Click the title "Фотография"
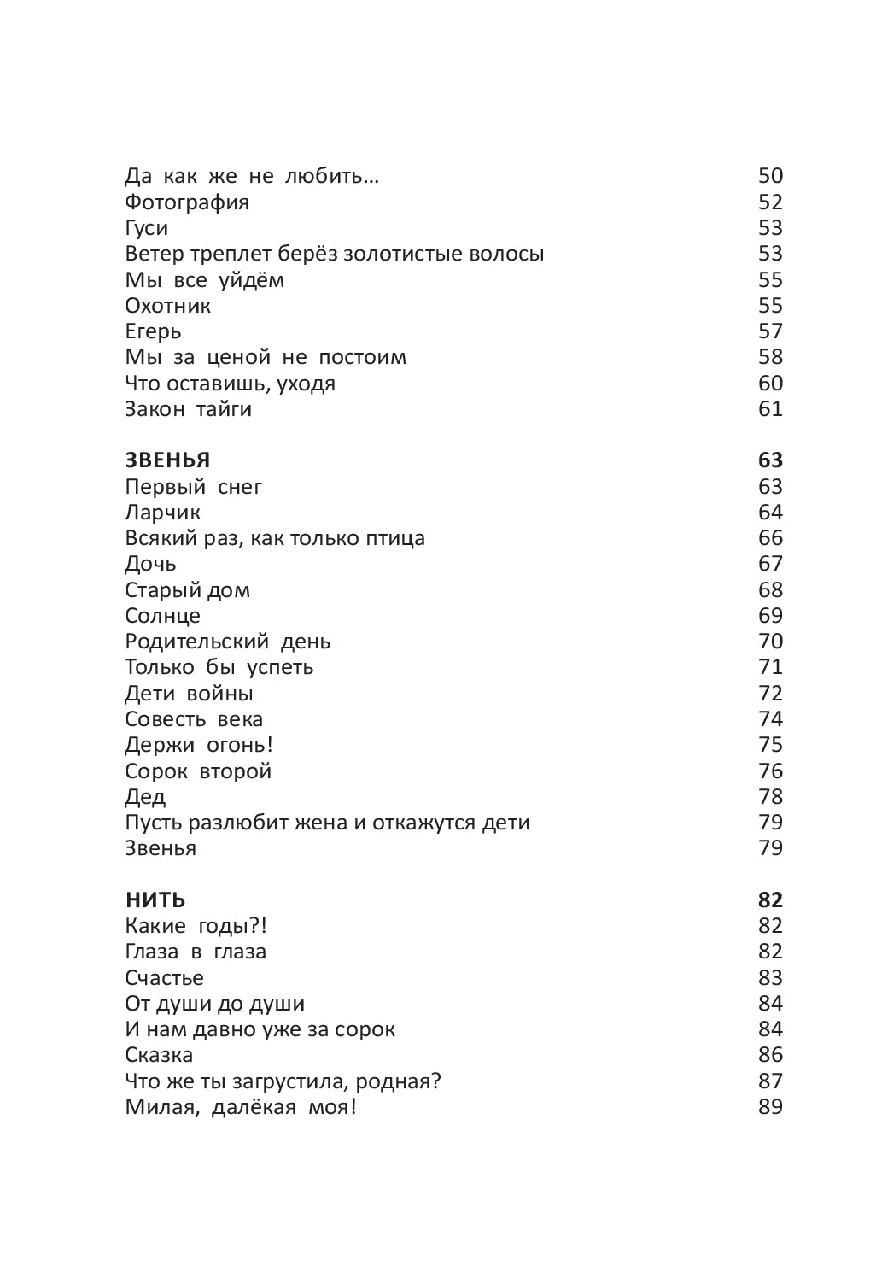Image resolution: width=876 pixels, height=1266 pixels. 187,202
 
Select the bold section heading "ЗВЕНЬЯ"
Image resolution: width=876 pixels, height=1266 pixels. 167,460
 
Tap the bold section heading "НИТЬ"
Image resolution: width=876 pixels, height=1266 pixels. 155,900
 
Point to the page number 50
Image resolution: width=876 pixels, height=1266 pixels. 770,176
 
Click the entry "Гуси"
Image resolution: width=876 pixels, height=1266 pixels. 146,228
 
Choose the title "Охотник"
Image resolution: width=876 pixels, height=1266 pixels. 167,306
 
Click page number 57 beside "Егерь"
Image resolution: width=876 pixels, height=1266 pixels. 770,331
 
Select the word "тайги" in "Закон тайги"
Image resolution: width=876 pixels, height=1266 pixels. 224,409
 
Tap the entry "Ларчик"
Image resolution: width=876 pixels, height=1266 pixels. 162,513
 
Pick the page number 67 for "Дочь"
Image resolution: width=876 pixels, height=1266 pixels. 770,564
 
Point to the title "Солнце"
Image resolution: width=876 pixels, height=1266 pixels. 162,616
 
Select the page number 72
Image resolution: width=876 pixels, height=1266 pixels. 770,694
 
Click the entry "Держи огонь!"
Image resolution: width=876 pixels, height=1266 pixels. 199,745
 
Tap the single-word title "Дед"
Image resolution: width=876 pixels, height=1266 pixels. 145,797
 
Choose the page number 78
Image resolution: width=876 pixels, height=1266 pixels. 770,797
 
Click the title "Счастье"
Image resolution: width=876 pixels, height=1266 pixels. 164,978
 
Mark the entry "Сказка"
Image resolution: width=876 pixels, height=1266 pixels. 159,1055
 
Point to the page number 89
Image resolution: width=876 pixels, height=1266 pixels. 770,1107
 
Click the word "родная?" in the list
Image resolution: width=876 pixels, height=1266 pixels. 399,1081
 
